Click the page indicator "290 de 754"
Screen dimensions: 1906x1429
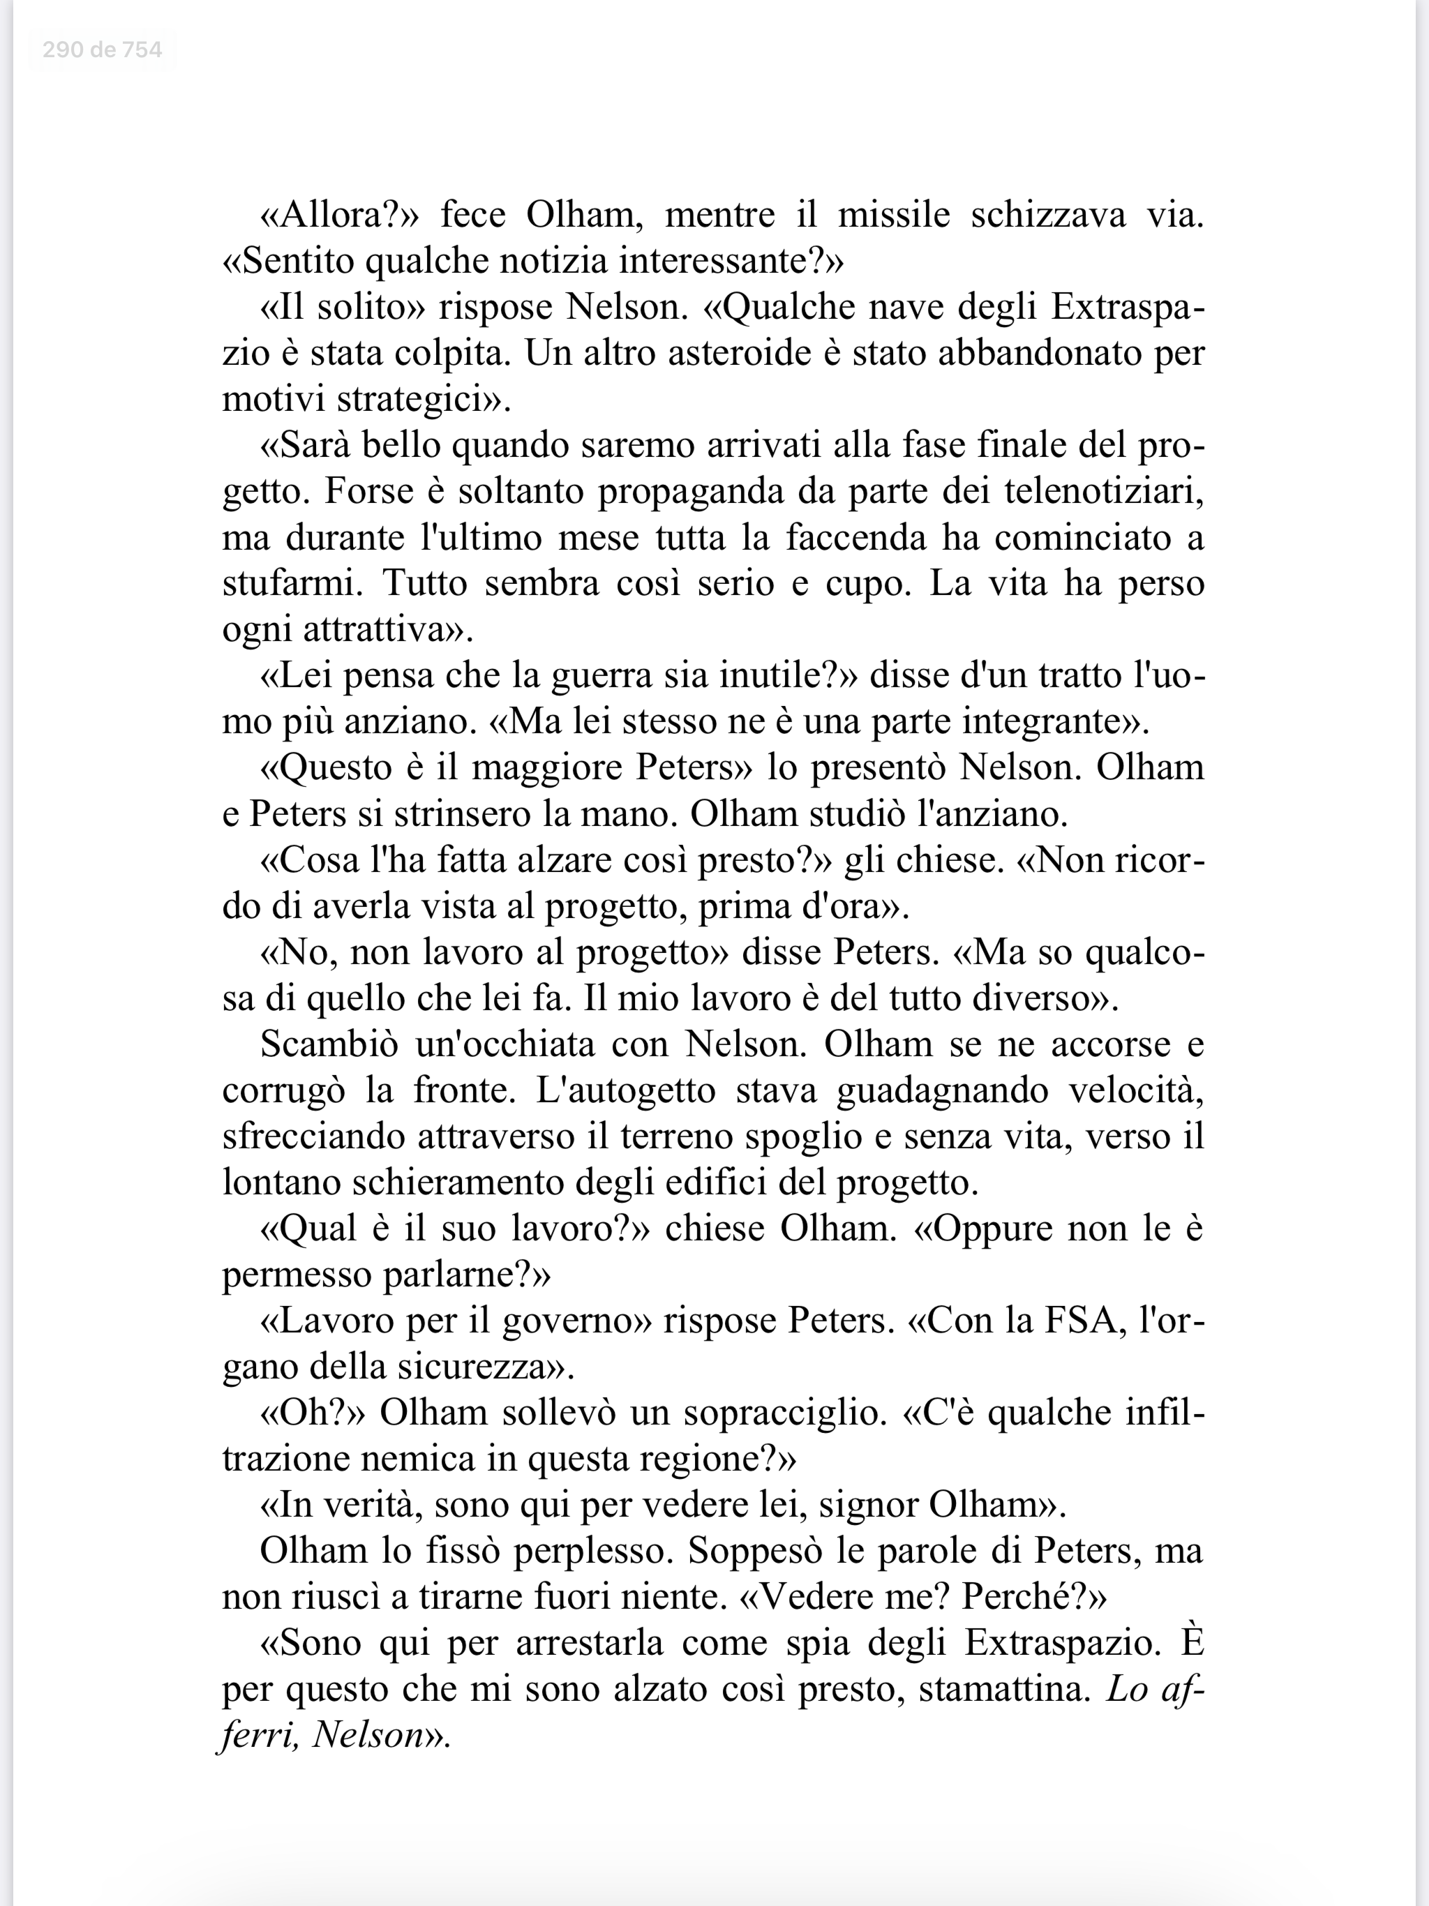(x=102, y=50)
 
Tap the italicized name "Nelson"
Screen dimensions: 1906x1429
(x=369, y=1734)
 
